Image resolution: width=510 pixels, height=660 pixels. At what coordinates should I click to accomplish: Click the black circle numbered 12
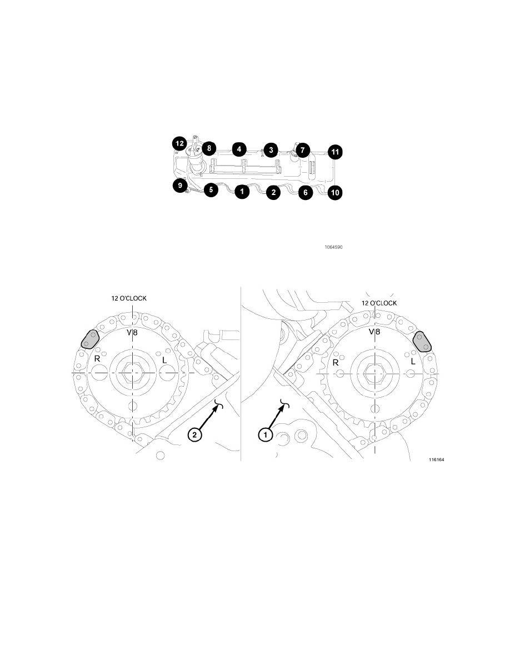click(x=179, y=143)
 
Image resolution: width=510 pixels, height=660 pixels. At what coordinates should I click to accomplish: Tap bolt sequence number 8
click(x=209, y=148)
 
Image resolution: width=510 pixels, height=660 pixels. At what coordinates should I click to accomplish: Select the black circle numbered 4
click(x=239, y=149)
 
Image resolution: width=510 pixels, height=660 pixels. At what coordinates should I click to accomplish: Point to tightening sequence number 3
click(x=271, y=150)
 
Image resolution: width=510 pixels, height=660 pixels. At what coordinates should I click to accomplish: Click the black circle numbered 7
click(x=302, y=150)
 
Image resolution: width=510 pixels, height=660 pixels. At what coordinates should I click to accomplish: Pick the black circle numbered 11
click(x=335, y=152)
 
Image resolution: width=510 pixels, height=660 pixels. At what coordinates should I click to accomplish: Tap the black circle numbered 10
click(x=335, y=193)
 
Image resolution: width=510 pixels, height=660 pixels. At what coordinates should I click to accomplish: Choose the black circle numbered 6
click(x=306, y=193)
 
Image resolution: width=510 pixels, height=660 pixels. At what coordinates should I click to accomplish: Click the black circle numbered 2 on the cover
click(x=273, y=193)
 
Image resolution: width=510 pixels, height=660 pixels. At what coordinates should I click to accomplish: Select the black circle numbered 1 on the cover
click(x=242, y=192)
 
